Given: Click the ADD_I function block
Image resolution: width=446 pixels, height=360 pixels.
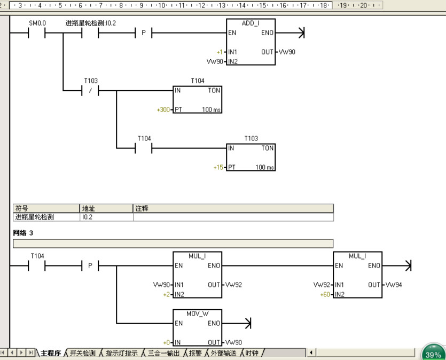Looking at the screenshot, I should (251, 42).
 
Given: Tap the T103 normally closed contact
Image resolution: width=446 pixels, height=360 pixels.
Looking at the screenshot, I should (91, 90).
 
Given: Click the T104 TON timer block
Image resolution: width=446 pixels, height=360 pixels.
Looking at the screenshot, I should (197, 100).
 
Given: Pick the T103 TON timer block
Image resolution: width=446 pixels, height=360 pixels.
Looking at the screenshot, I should (251, 158).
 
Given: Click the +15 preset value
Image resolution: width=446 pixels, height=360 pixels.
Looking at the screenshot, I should (218, 167).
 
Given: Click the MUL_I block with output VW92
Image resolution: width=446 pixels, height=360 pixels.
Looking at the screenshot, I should (197, 275).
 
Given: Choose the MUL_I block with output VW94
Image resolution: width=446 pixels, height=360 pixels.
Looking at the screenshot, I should (357, 275).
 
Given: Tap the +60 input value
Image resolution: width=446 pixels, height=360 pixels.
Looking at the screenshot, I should (325, 294).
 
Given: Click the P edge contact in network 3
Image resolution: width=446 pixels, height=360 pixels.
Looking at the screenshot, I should (90, 265).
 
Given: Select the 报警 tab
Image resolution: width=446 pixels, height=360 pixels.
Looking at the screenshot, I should (195, 353).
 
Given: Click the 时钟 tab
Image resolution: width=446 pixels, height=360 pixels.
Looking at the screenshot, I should (251, 353).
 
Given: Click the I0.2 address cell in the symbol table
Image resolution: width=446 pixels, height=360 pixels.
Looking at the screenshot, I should (106, 217).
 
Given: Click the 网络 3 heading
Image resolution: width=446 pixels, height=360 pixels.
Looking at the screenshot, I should (23, 233).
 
